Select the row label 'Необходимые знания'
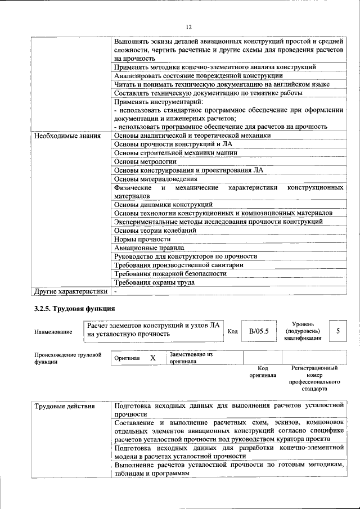67,136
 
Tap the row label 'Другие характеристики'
70,291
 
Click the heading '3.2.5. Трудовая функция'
74,309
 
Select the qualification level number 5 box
337,331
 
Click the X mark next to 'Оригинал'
152,358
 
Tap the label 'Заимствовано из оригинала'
191,358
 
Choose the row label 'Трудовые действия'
64,406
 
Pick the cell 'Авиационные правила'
149,247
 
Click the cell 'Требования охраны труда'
154,282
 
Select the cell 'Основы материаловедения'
156,179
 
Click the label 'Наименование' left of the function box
53,332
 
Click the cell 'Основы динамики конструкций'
163,204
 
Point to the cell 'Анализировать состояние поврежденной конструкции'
198,75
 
